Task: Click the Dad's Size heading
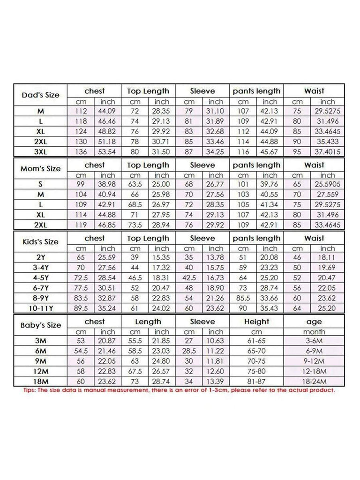click(x=41, y=95)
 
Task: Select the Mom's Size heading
click(x=41, y=169)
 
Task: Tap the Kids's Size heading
click(x=41, y=242)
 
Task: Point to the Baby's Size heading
click(x=41, y=325)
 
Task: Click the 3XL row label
click(x=41, y=152)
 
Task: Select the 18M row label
click(x=41, y=381)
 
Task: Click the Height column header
click(x=256, y=321)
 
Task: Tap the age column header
click(x=314, y=321)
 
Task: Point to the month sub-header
click(x=314, y=331)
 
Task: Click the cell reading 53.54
click(x=108, y=152)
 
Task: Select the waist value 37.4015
click(x=328, y=152)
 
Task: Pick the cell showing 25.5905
click(x=328, y=185)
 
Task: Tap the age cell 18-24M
click(x=314, y=381)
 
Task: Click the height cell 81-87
click(x=256, y=381)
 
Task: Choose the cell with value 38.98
click(x=108, y=185)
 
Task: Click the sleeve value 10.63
click(x=216, y=341)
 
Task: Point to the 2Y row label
click(x=41, y=257)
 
